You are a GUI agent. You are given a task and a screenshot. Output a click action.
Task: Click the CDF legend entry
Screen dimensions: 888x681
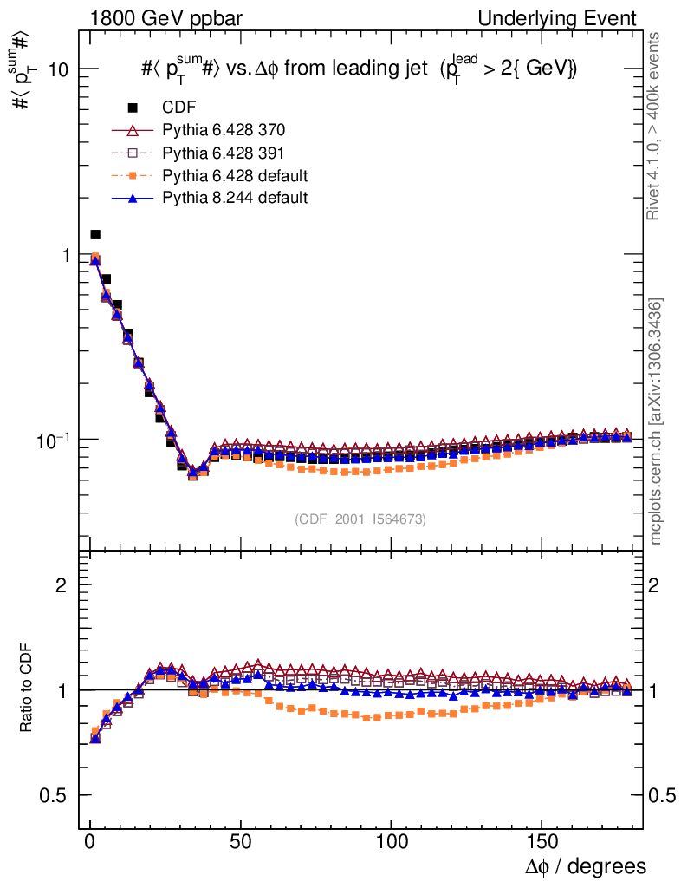point(178,108)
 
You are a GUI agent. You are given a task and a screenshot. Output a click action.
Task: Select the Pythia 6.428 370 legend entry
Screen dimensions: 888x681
point(224,130)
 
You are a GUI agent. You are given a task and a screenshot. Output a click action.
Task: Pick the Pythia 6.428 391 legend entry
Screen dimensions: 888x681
point(224,153)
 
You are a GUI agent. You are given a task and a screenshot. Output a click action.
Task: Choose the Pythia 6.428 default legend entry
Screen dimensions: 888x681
point(235,175)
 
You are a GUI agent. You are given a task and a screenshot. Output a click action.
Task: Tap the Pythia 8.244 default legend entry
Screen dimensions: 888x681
point(235,198)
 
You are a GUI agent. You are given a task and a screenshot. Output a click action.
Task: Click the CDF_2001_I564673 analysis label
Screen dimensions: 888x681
point(360,519)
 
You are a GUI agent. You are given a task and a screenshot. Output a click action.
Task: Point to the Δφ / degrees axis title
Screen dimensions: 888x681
point(585,865)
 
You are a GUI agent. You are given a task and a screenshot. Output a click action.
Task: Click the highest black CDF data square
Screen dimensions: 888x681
point(95,234)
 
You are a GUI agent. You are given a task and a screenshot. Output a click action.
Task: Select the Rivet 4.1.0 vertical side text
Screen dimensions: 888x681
point(655,126)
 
